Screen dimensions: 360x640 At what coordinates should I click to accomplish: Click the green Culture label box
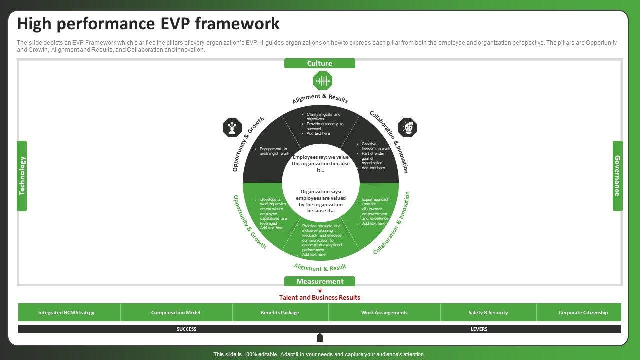[320, 63]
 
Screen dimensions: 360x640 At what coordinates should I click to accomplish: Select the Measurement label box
[320, 281]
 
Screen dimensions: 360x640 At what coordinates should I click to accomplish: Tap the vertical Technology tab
[22, 176]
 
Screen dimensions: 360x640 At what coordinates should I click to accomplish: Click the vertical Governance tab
[618, 176]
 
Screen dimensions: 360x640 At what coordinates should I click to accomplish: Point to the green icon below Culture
[323, 81]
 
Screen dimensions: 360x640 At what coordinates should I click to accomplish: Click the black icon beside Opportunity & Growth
[232, 128]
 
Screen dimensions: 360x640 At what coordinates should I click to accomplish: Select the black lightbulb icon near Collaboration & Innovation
[408, 128]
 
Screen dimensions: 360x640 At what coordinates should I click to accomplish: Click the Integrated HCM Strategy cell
[66, 313]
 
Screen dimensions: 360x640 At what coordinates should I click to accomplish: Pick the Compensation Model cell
[176, 313]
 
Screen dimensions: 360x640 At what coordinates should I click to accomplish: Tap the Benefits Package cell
[280, 313]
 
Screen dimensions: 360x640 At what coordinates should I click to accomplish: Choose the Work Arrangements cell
[384, 313]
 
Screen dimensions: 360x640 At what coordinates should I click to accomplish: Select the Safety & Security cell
[488, 313]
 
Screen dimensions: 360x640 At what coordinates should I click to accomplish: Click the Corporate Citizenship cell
[583, 313]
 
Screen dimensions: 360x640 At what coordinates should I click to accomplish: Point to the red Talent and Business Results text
[320, 298]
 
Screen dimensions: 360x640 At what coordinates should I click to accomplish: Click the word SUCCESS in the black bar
[186, 329]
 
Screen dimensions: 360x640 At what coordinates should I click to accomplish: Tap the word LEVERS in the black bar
[479, 329]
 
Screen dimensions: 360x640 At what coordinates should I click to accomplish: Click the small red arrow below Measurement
[320, 290]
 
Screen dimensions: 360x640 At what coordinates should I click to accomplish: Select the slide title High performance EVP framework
[148, 24]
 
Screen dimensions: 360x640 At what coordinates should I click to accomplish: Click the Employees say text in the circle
[321, 163]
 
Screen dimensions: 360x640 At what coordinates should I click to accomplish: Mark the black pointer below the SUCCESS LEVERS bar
[320, 338]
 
